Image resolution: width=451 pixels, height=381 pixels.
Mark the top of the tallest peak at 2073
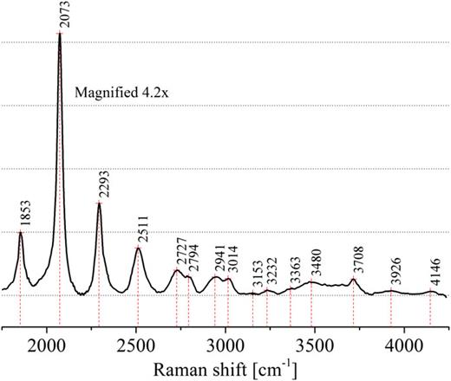coord(60,33)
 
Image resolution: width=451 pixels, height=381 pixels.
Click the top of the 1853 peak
coord(20,232)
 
